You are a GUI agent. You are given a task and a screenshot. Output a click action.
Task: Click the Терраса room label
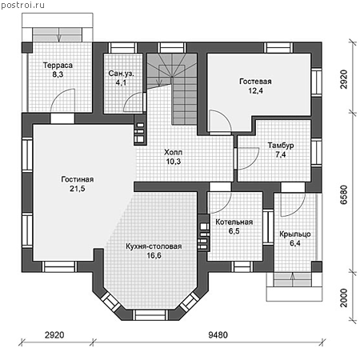(58, 66)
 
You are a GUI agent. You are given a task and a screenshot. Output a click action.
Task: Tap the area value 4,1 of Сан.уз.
(121, 82)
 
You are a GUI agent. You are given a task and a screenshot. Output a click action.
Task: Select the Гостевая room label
(255, 82)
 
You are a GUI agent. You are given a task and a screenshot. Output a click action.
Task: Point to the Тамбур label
(281, 146)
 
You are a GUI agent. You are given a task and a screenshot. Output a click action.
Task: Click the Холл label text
(174, 152)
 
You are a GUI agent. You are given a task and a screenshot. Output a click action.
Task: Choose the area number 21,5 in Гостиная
(78, 189)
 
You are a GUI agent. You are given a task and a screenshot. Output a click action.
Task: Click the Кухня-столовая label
(154, 246)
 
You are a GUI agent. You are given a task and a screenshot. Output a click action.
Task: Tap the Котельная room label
(234, 222)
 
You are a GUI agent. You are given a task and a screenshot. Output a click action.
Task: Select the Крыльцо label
(295, 234)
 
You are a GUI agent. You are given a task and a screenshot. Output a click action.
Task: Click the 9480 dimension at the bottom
(218, 335)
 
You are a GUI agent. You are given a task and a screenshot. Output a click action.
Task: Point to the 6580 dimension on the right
(344, 195)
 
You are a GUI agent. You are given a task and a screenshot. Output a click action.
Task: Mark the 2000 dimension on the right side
(344, 298)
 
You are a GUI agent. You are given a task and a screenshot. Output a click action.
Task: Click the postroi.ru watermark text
(22, 5)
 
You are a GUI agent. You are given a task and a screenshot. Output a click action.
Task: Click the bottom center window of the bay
(150, 315)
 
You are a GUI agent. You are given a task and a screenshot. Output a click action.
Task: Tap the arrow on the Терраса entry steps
(58, 34)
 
